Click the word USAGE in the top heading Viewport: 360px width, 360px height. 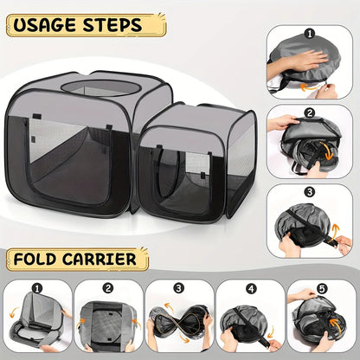tap(46, 25)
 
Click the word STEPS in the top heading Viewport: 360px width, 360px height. tap(112, 25)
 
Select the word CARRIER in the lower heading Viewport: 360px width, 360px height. tap(99, 259)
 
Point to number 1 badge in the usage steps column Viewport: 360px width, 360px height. tap(310, 34)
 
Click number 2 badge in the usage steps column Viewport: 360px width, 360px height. tap(310, 113)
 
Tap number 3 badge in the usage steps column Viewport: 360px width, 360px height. tap(310, 192)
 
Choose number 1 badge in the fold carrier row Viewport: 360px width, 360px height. tap(37, 288)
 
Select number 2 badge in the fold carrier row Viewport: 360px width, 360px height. tap(108, 288)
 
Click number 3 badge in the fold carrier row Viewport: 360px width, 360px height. tap(179, 288)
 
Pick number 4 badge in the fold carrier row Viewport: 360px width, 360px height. tap(251, 288)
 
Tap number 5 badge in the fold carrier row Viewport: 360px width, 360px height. tap(321, 288)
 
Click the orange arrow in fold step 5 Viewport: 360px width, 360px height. tap(336, 325)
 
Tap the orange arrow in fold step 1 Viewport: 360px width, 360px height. tap(13, 312)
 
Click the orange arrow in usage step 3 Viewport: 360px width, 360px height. tap(335, 231)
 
